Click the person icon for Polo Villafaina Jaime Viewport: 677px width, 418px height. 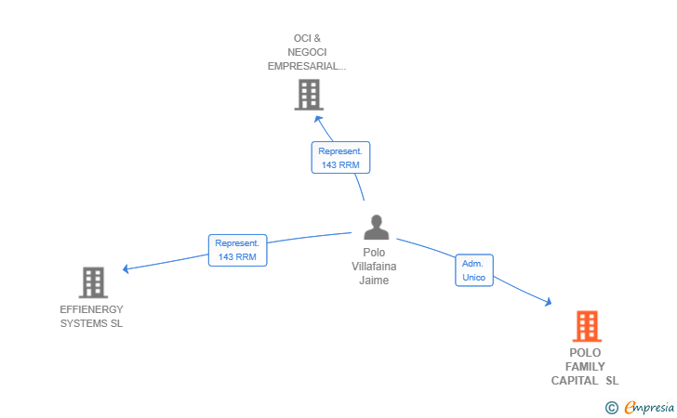[376, 228]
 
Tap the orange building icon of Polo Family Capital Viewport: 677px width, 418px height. [586, 327]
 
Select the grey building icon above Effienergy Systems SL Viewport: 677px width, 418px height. [93, 282]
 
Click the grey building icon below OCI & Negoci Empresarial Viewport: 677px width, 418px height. [308, 94]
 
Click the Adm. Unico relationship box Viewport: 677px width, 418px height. [473, 270]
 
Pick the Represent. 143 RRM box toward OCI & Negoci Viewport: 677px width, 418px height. [340, 157]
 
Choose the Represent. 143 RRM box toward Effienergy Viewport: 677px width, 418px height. [237, 250]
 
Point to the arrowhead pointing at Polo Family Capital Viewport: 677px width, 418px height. [548, 302]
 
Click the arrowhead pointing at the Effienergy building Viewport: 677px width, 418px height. [126, 269]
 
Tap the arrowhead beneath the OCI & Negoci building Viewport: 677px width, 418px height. [318, 118]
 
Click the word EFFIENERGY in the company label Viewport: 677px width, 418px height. [91, 309]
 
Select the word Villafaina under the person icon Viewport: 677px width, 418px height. [375, 267]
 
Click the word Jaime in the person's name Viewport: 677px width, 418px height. [375, 281]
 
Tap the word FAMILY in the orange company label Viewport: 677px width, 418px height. [585, 367]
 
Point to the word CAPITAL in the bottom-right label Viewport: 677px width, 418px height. [576, 381]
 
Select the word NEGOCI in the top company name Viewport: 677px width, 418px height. [308, 52]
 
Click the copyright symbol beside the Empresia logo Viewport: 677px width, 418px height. [611, 407]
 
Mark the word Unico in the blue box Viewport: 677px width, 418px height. [473, 278]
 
